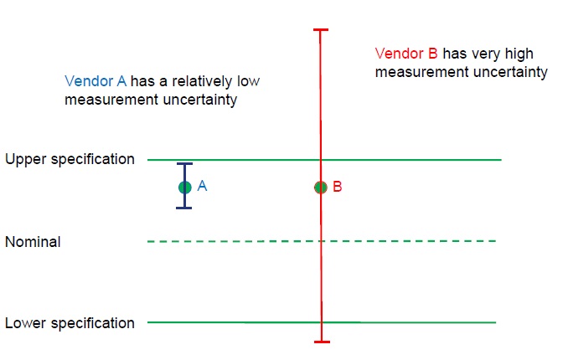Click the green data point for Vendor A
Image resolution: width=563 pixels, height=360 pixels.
(185, 187)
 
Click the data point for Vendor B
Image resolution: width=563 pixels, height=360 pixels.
(320, 188)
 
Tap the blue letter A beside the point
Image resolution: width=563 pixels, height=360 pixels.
(202, 187)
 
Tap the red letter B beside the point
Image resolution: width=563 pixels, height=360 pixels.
(337, 187)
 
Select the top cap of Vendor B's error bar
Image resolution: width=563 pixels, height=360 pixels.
(320, 30)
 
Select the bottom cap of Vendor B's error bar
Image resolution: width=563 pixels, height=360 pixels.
(320, 342)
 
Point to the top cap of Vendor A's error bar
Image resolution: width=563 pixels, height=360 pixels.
(185, 164)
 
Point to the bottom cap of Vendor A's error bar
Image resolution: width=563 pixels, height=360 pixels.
(185, 207)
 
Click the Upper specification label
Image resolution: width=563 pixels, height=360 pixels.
(70, 159)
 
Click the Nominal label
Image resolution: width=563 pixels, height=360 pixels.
(33, 242)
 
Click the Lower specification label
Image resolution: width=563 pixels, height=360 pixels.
(70, 323)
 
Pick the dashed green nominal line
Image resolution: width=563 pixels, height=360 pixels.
(402, 241)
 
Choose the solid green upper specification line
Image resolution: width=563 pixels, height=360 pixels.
(419, 159)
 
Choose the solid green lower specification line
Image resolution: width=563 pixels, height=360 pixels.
(419, 322)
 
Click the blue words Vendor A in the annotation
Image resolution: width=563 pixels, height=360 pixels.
(96, 82)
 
